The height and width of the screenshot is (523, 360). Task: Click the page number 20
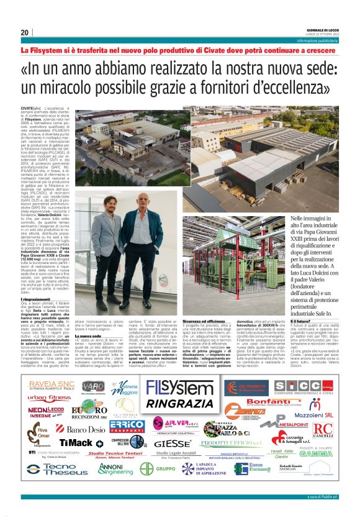click(x=25, y=32)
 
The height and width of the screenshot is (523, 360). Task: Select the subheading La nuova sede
click(x=88, y=335)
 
